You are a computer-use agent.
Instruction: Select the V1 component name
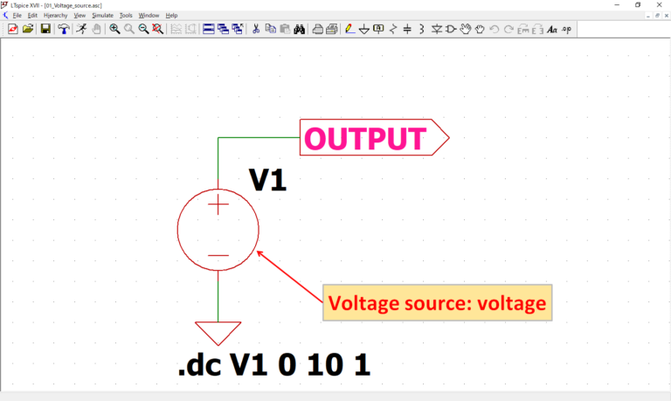click(x=267, y=179)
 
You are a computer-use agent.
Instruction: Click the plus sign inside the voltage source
click(x=218, y=205)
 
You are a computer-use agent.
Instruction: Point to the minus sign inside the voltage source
click(x=218, y=255)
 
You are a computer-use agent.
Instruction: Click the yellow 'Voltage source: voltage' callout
click(x=437, y=303)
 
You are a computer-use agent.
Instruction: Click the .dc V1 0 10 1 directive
click(x=273, y=364)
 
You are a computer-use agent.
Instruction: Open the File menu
click(x=17, y=16)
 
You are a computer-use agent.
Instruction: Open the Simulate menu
click(x=102, y=16)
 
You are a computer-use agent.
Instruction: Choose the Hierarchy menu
click(x=55, y=16)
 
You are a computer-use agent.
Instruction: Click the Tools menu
click(x=126, y=16)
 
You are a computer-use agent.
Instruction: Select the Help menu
click(x=171, y=16)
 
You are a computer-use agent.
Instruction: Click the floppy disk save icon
click(x=45, y=29)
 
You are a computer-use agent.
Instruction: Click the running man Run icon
click(x=81, y=29)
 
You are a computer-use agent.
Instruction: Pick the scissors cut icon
click(x=256, y=29)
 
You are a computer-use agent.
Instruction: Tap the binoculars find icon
click(x=299, y=29)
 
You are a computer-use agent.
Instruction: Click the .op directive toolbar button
click(x=566, y=29)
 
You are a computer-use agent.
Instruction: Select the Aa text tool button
click(x=551, y=29)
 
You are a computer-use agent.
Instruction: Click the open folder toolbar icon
click(x=28, y=29)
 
